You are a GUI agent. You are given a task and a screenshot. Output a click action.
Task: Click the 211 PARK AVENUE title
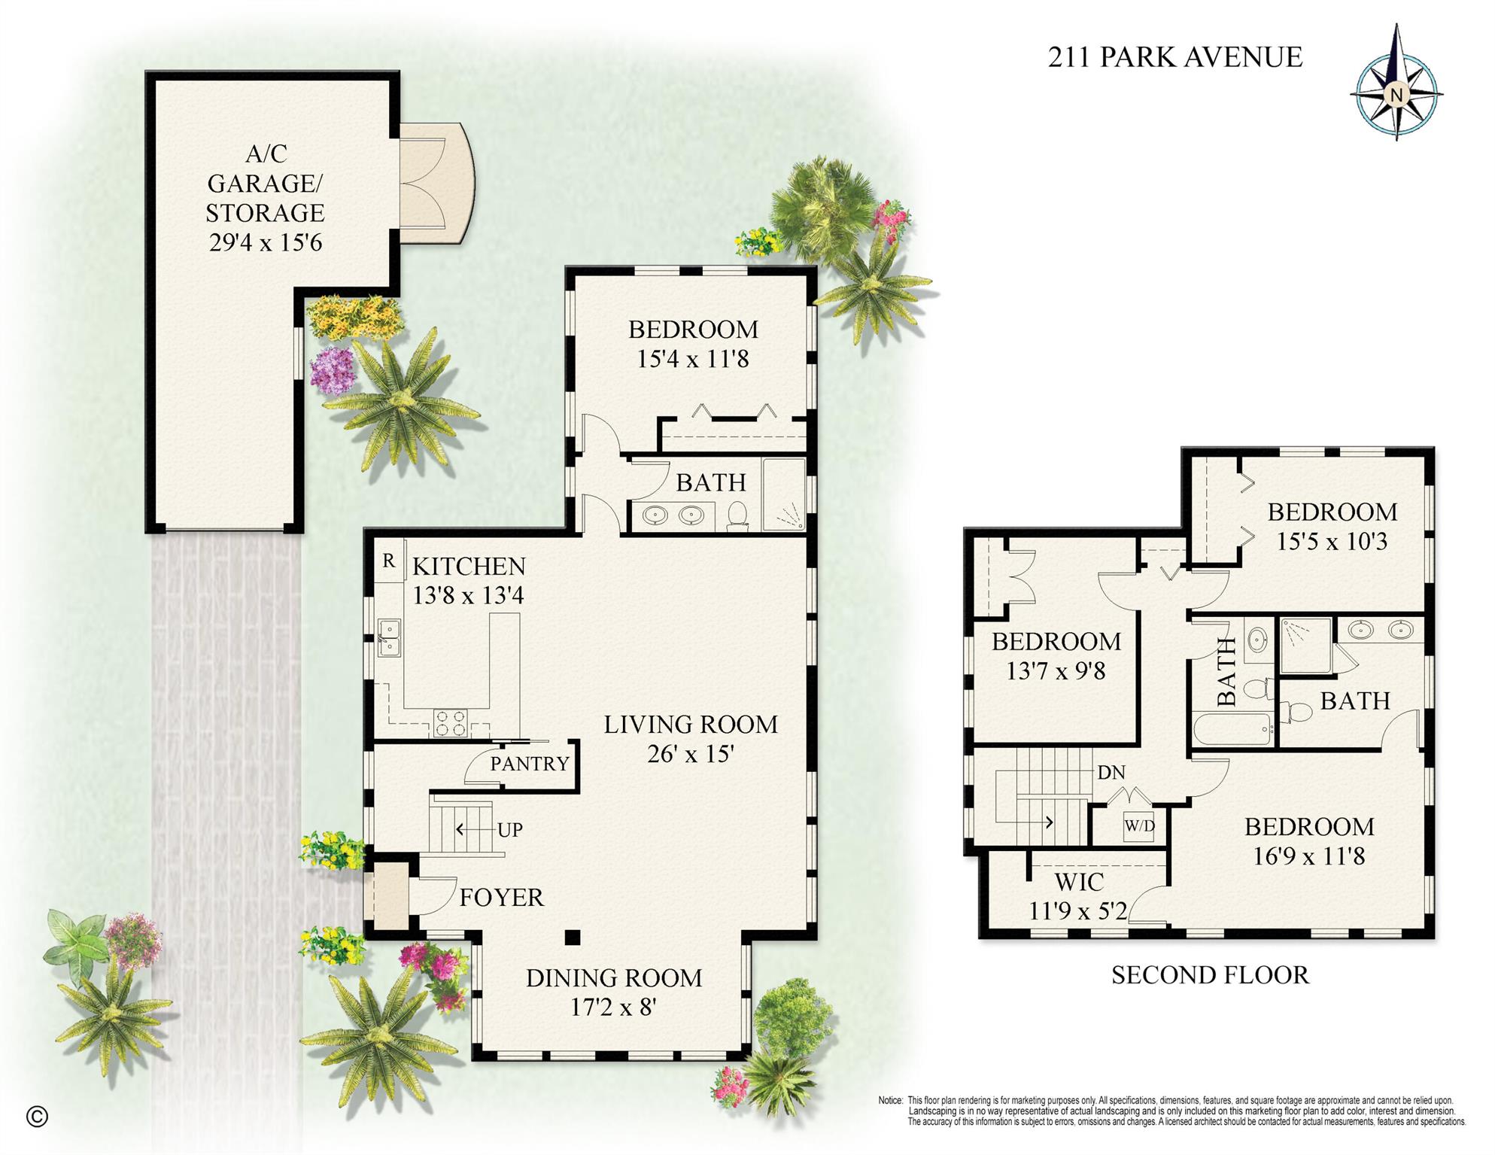coord(1174,57)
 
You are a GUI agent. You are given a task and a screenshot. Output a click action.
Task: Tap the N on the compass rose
coord(1396,95)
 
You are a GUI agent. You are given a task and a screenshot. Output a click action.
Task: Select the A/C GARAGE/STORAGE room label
coord(265,183)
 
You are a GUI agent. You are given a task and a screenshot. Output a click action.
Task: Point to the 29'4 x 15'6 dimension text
coord(265,242)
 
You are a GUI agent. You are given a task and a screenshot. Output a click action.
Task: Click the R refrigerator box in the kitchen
coord(389,561)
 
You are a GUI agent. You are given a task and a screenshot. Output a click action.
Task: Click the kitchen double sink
coord(389,637)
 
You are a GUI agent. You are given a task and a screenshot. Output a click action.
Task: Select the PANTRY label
coord(530,764)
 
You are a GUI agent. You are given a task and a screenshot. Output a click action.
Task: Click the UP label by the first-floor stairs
coord(510,830)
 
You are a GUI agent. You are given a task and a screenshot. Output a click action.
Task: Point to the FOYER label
coord(501,897)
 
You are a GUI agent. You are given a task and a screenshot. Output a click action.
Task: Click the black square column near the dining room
coord(573,937)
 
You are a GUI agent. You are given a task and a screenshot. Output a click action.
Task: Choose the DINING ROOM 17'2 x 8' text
coord(613,992)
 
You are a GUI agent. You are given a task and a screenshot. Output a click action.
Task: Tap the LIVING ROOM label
coord(690,725)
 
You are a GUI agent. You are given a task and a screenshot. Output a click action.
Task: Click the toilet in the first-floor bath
coord(737,515)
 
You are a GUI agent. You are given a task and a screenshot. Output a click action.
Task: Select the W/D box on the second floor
coord(1139,826)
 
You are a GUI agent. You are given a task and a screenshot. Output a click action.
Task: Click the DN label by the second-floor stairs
coord(1111,773)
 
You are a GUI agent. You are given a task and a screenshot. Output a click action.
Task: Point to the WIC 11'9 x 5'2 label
coord(1078,896)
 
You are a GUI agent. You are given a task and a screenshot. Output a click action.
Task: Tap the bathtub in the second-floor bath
coord(1232,729)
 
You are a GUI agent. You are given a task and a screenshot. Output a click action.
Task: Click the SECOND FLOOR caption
coord(1210,975)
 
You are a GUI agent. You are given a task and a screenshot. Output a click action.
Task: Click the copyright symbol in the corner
coord(37,1117)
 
